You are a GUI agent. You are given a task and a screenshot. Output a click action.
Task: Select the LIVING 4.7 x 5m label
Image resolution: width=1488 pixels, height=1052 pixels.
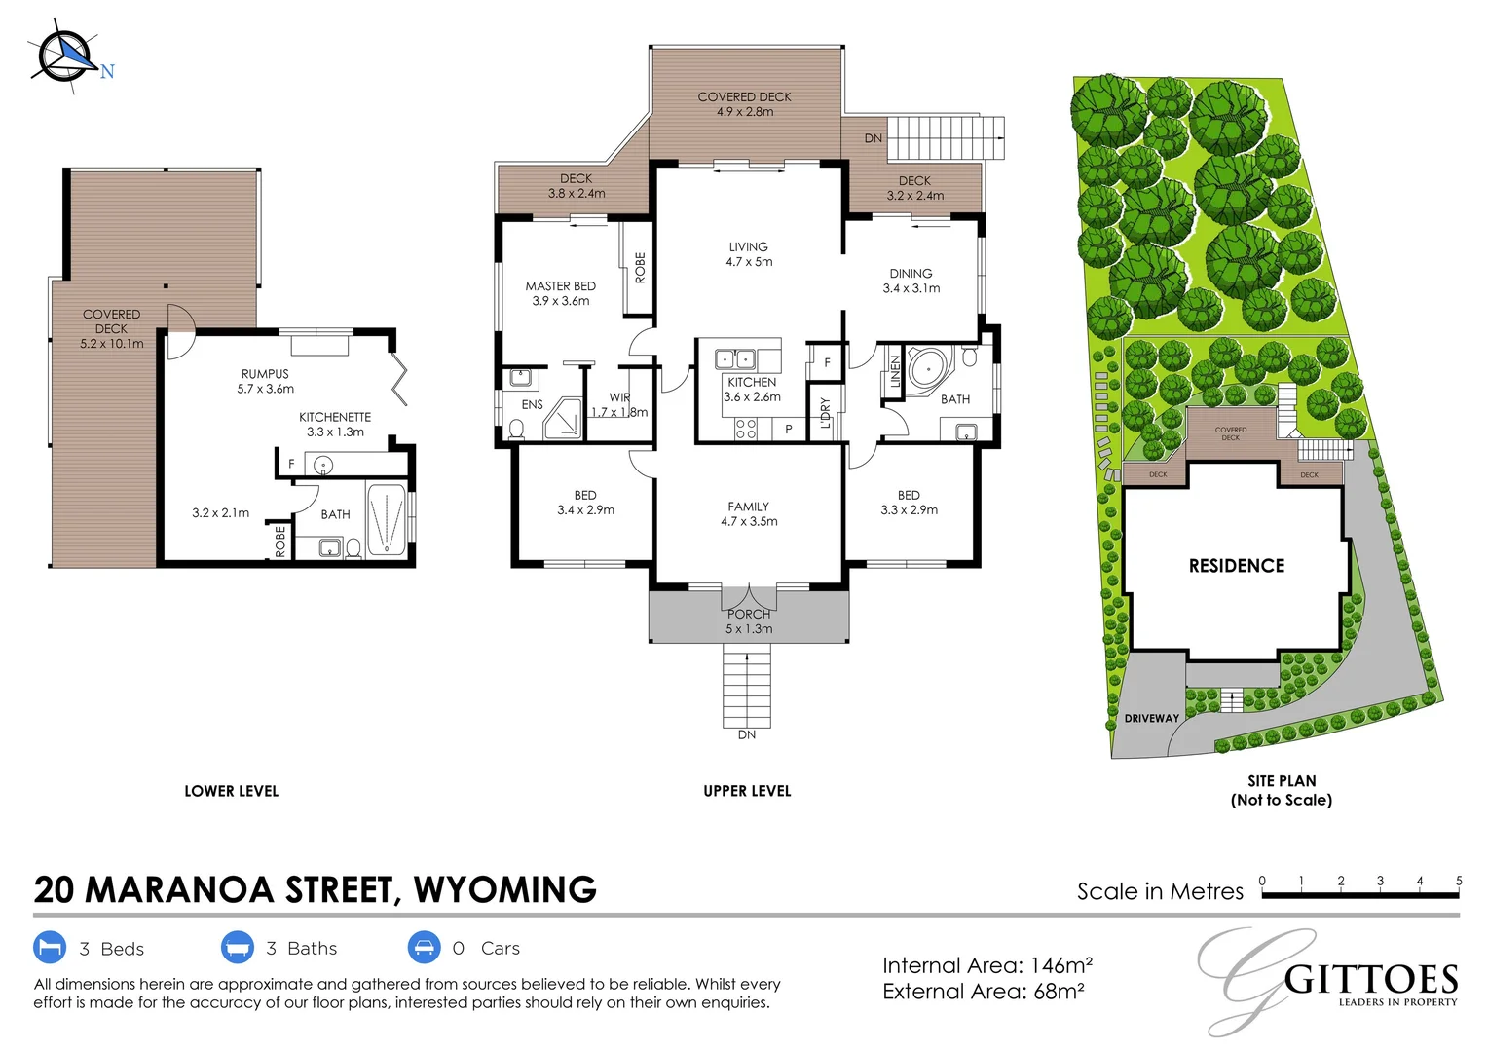[748, 254]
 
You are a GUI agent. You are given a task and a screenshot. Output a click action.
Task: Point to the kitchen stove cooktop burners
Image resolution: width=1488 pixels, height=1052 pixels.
[746, 429]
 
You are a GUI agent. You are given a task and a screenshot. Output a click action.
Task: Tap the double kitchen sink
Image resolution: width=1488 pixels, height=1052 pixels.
[735, 359]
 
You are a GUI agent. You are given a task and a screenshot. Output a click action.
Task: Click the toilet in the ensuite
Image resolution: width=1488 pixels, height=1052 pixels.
[516, 429]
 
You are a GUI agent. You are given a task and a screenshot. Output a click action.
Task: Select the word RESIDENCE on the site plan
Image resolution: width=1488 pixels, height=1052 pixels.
[1236, 566]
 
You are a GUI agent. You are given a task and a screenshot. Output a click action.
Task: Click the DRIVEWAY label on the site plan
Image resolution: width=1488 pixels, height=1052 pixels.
[1151, 718]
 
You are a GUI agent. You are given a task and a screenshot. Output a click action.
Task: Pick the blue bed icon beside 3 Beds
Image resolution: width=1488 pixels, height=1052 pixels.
[50, 948]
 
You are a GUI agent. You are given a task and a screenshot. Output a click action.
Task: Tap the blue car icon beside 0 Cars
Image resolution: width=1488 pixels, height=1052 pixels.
[424, 948]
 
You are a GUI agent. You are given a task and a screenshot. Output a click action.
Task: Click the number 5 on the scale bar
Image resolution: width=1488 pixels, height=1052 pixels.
[1458, 881]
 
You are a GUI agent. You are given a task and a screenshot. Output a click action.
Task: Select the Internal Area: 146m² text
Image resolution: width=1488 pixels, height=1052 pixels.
[986, 965]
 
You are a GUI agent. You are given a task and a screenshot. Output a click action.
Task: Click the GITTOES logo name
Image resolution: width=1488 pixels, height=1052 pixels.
[1370, 979]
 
